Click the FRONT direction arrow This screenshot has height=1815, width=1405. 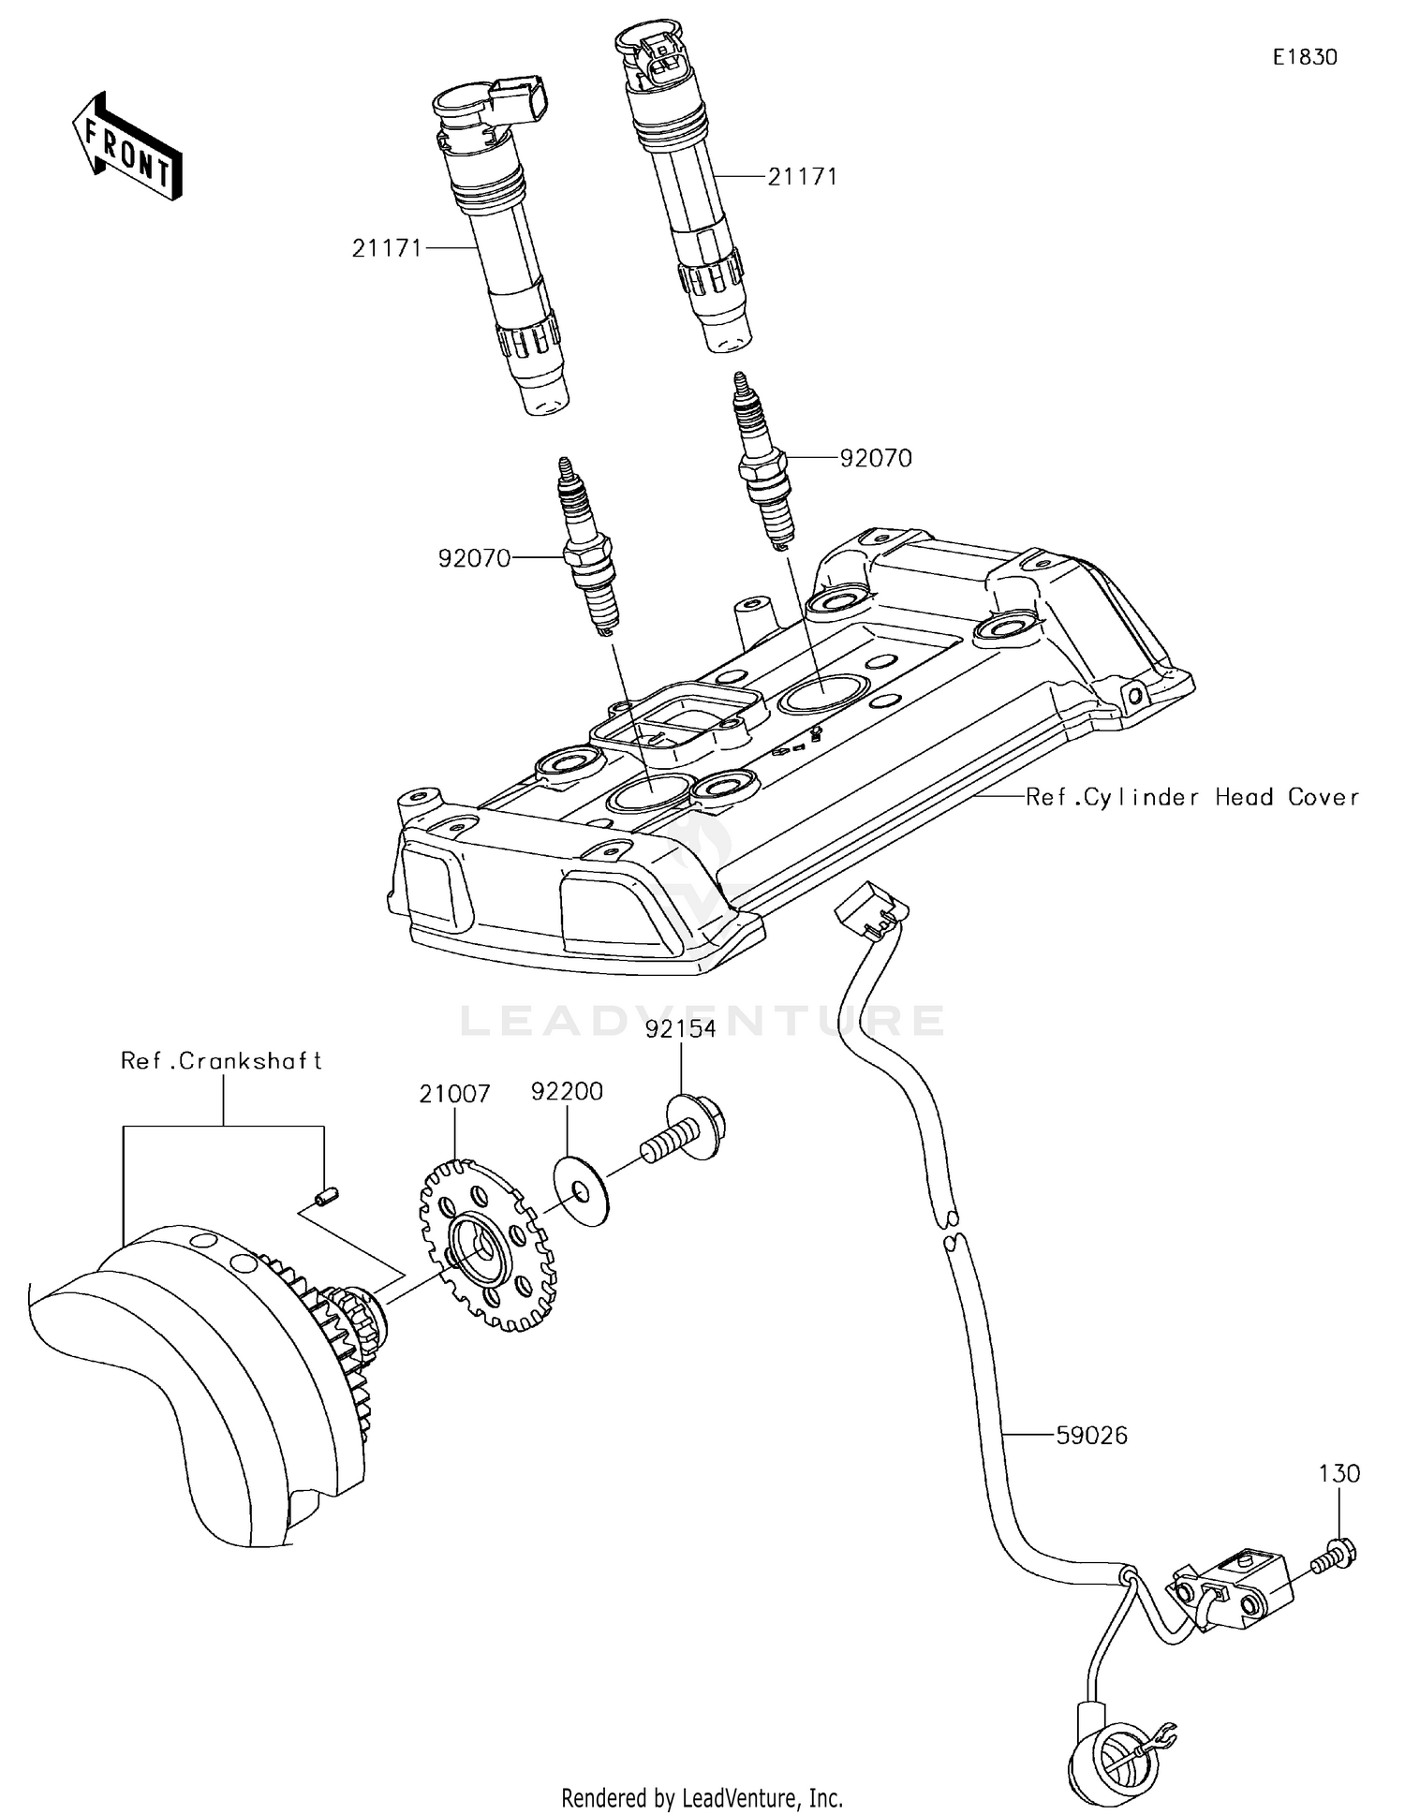pyautogui.click(x=127, y=148)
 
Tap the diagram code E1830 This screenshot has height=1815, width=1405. pyautogui.click(x=1305, y=57)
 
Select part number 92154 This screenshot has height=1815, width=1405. pyautogui.click(x=681, y=1029)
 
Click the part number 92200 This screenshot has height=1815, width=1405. pyautogui.click(x=567, y=1091)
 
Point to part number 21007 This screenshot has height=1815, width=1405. pyautogui.click(x=454, y=1093)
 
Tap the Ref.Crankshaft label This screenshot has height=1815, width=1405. pyautogui.click(x=222, y=1061)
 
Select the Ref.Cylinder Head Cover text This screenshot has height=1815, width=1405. pyautogui.click(x=1192, y=797)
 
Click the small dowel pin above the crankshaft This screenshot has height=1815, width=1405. pyautogui.click(x=327, y=1196)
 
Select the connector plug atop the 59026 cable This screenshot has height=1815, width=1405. pyautogui.click(x=870, y=908)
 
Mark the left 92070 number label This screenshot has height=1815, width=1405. pyautogui.click(x=475, y=558)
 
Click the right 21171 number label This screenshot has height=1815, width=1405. pyautogui.click(x=803, y=176)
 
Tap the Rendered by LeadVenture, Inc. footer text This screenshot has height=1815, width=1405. pyautogui.click(x=702, y=1798)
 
